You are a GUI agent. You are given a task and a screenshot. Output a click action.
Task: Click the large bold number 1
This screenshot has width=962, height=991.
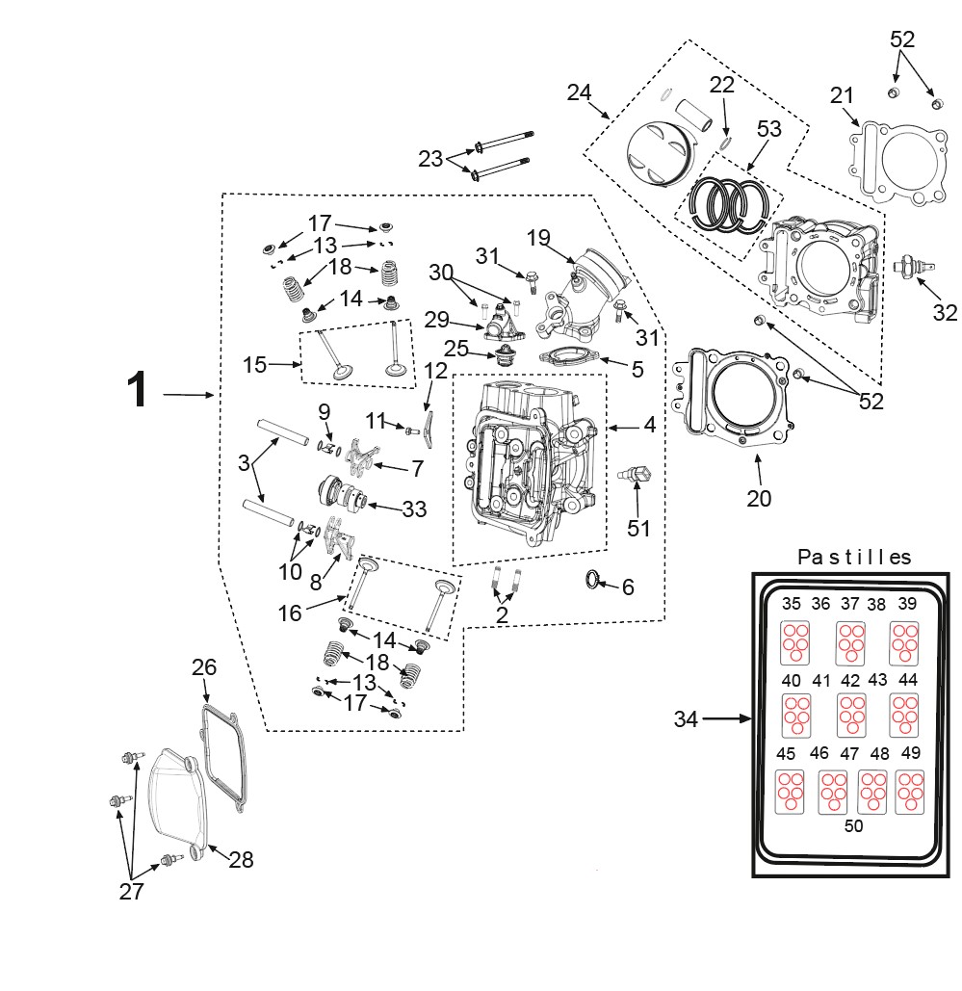pyautogui.click(x=137, y=390)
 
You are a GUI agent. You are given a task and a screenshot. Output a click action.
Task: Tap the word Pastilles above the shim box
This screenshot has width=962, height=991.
pyautogui.click(x=854, y=557)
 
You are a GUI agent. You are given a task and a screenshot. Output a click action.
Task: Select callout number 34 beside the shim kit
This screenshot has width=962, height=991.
pyautogui.click(x=686, y=719)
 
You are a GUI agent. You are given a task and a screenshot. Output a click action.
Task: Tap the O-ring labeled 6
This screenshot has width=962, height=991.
pyautogui.click(x=592, y=580)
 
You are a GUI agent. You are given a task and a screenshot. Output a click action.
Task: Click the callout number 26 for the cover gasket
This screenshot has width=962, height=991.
pyautogui.click(x=204, y=667)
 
